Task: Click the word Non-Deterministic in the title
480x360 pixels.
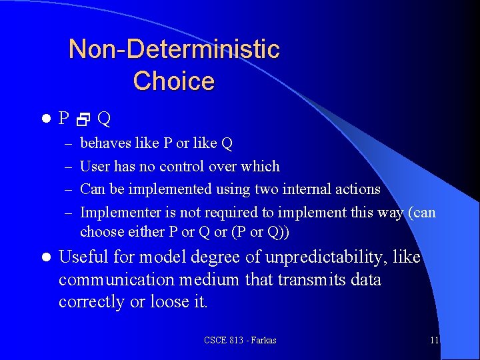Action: (174, 49)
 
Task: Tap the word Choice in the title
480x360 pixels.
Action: (174, 81)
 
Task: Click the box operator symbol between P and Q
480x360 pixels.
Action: (83, 120)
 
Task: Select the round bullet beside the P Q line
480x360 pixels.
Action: (46, 119)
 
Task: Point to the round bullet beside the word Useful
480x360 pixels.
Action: (46, 257)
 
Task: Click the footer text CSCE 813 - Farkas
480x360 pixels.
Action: (240, 341)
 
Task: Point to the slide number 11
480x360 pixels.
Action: (434, 341)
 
